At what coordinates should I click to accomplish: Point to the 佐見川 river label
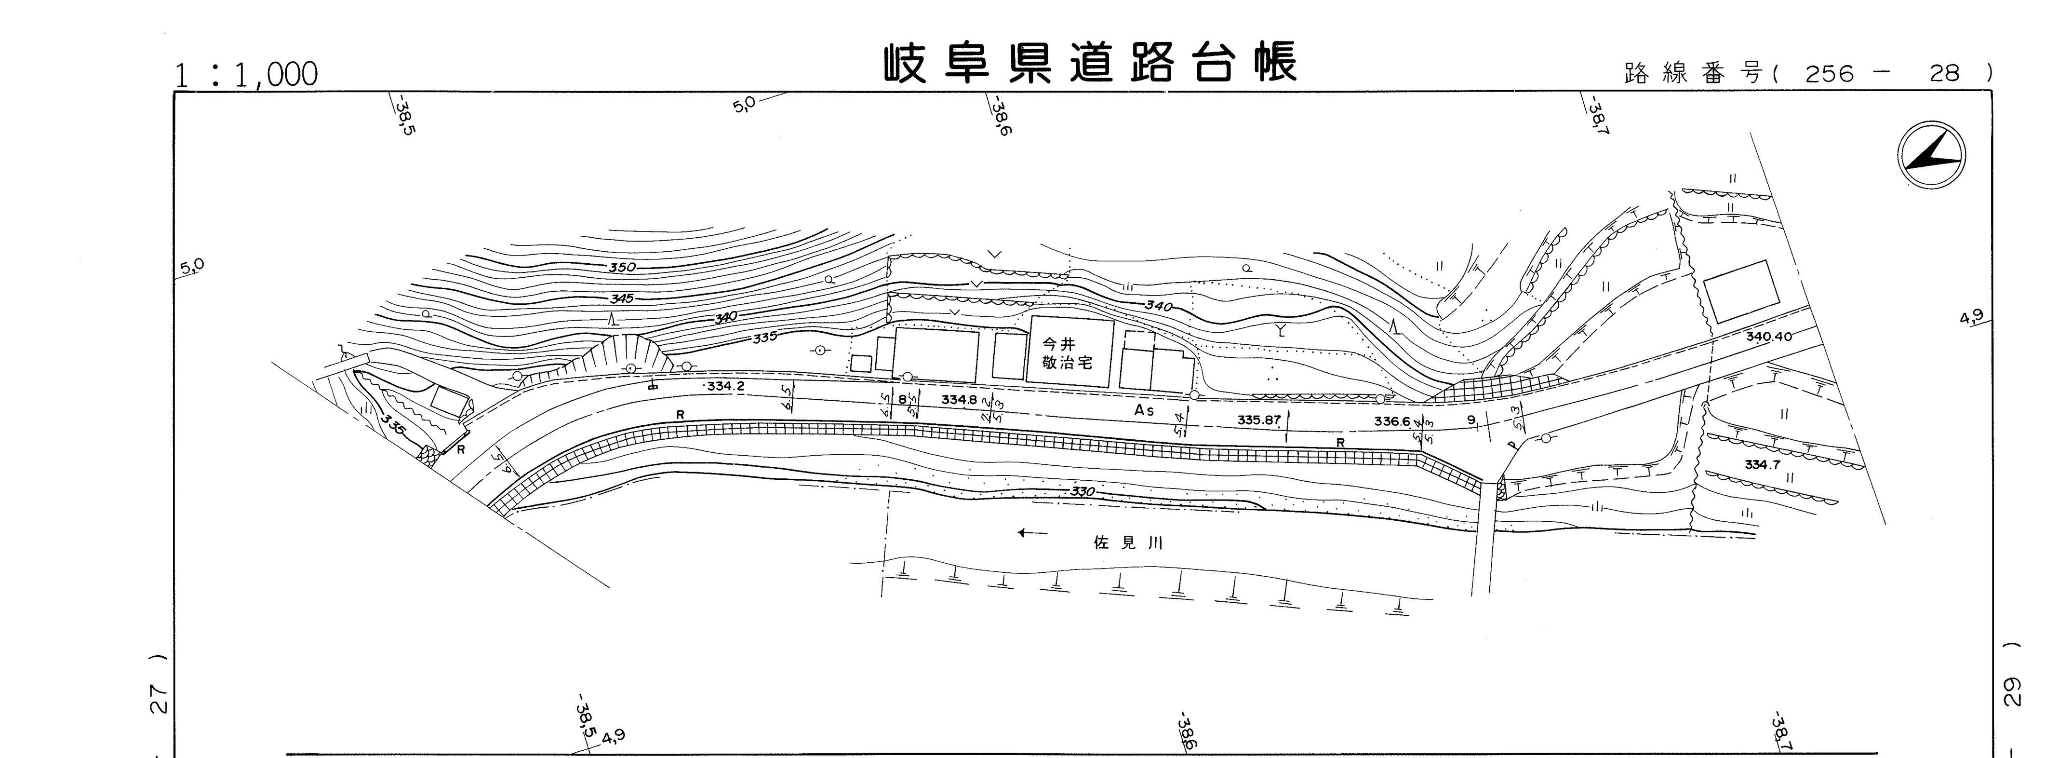[x=1128, y=543]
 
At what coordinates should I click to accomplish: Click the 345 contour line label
[x=622, y=298]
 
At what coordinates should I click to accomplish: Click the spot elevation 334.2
[x=726, y=386]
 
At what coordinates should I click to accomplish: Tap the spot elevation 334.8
[x=959, y=399]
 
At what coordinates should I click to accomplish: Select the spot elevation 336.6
[x=1392, y=421]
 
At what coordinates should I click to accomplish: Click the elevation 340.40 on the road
[x=1769, y=337]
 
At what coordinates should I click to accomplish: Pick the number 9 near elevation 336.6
[x=1471, y=419]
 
